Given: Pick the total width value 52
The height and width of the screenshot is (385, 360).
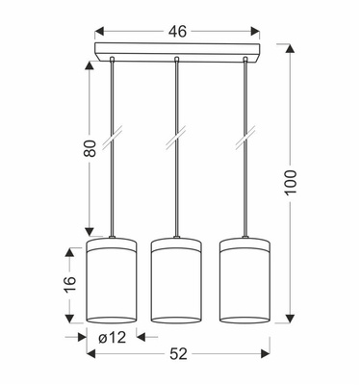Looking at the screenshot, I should [176, 354].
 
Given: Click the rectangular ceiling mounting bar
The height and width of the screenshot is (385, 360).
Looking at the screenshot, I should [176, 50].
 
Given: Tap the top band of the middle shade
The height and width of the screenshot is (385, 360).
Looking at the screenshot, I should [176, 242].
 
